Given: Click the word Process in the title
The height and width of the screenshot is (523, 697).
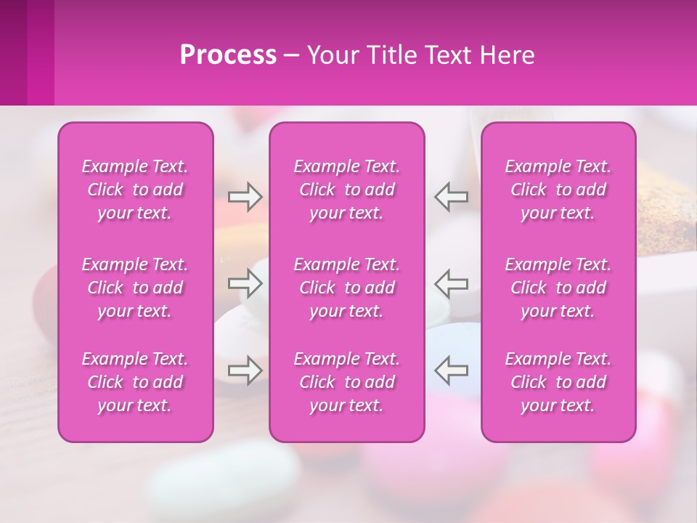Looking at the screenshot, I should coord(228,55).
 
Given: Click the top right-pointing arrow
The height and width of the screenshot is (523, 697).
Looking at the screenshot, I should coord(245,196).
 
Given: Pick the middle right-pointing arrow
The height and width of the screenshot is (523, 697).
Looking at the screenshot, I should coord(245,283).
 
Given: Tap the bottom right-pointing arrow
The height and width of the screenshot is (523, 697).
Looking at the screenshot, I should coord(245,370).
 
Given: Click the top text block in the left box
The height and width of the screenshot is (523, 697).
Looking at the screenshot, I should coord(135,190).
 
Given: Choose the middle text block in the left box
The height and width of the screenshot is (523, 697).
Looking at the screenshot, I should coord(135,288).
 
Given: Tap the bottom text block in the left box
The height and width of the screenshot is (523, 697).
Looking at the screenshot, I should coord(135,382).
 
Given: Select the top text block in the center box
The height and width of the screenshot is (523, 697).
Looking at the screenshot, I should coord(346,190).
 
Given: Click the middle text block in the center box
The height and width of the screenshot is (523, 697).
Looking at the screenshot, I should coord(346,288).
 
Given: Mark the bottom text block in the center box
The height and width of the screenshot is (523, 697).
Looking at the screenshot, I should coord(346,382).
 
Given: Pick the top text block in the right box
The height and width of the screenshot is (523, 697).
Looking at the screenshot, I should coord(558,190).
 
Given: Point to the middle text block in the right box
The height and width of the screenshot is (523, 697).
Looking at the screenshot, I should coord(558,288).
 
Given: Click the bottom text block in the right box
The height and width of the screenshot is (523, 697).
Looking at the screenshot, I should coord(558,382).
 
